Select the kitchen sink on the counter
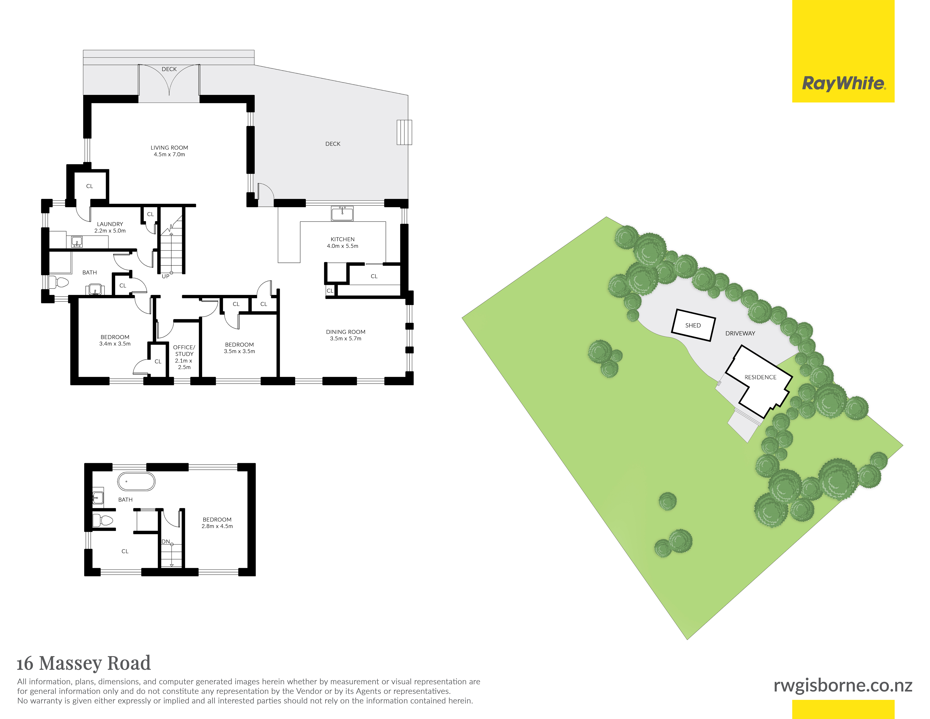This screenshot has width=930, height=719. (342, 213)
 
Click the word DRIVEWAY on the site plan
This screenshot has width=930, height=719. (740, 334)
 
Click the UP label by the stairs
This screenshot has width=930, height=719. (166, 276)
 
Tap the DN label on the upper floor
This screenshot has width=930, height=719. (166, 542)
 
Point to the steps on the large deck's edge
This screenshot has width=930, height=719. (404, 133)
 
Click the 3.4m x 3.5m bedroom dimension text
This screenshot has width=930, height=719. (115, 344)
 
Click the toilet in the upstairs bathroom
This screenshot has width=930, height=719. (103, 520)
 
